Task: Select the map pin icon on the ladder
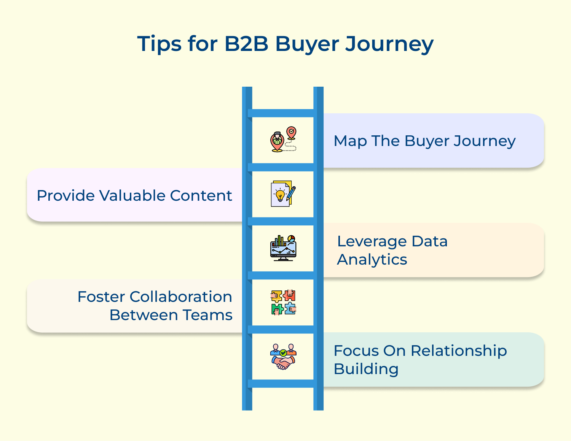coord(283,140)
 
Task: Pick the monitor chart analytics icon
coord(283,248)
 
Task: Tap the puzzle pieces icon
coord(283,302)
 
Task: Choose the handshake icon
coord(283,357)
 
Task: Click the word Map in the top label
coord(350,141)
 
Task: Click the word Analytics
coord(372,260)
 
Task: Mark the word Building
coord(366,369)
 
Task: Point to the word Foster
coord(101,297)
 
